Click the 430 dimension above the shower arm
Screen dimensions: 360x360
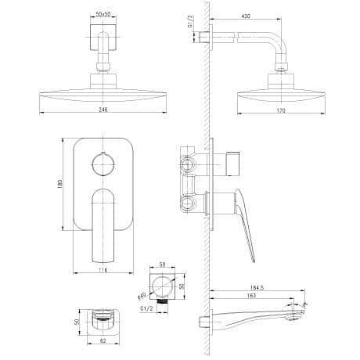(246, 16)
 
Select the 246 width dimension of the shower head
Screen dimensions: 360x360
(103, 110)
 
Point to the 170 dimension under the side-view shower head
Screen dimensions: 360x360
(281, 110)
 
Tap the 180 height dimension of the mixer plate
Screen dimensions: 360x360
(59, 184)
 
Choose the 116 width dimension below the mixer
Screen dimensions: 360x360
(103, 270)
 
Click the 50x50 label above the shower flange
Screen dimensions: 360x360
(103, 14)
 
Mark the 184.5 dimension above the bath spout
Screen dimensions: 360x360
(257, 287)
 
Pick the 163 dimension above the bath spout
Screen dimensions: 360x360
(251, 296)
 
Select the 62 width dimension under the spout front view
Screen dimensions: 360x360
(103, 340)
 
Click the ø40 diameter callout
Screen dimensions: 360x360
(142, 296)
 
